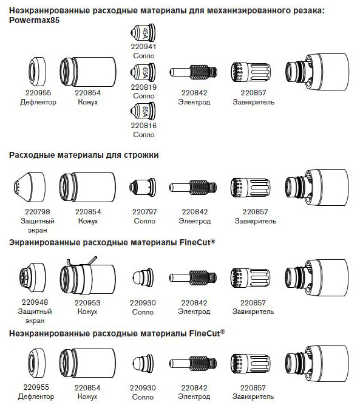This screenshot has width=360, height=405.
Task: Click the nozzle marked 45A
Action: [143, 33]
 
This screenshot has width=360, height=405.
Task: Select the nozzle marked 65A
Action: [143, 72]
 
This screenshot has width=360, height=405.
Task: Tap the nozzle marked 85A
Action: [143, 111]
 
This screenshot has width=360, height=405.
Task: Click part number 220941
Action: [143, 47]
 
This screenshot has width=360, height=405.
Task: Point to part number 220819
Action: [144, 87]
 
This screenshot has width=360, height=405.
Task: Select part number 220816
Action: [144, 126]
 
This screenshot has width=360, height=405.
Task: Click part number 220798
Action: [38, 212]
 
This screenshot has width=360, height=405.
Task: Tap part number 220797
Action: [144, 212]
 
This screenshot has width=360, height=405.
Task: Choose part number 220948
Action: [35, 302]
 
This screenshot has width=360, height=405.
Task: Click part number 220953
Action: [87, 303]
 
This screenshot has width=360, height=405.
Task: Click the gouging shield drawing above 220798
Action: [29, 186]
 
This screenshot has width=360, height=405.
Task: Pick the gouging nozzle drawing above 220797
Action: [142, 187]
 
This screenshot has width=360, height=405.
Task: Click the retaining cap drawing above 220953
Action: [88, 276]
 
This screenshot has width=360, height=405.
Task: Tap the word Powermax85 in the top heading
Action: [35, 20]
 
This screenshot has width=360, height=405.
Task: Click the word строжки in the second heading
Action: [141, 155]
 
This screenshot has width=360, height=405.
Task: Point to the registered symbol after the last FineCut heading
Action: [223, 332]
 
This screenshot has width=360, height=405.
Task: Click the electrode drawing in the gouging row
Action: [193, 187]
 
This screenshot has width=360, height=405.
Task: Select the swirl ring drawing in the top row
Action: [251, 72]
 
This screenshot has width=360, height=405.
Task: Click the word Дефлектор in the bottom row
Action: [36, 396]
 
